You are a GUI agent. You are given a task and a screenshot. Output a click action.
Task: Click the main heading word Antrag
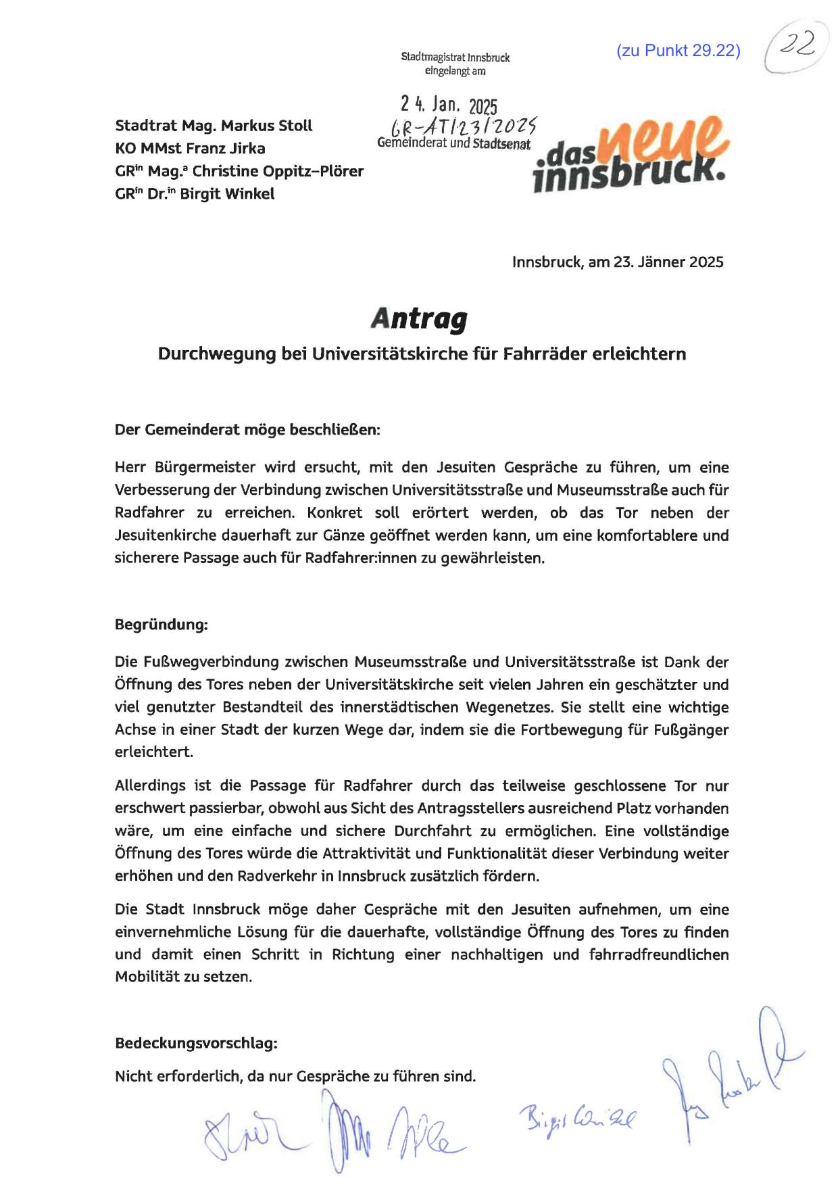pyautogui.click(x=419, y=318)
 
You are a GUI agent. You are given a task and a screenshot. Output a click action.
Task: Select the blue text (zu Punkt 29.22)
pyautogui.click(x=678, y=51)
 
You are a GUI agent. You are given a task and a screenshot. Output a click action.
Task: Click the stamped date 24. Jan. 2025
pyautogui.click(x=448, y=105)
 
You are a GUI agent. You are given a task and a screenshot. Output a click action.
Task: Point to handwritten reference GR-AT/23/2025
pyautogui.click(x=460, y=125)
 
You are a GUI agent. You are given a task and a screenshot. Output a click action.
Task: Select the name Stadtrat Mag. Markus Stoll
pyautogui.click(x=214, y=126)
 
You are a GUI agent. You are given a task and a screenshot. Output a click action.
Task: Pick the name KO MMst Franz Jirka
pyautogui.click(x=190, y=149)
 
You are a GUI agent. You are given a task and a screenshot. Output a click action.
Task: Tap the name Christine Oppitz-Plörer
pyautogui.click(x=278, y=172)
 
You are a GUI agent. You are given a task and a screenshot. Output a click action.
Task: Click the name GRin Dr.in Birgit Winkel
pyautogui.click(x=195, y=194)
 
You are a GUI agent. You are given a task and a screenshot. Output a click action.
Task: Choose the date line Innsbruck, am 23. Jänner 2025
pyautogui.click(x=617, y=262)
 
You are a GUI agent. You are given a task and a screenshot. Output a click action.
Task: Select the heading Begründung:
pyautogui.click(x=161, y=625)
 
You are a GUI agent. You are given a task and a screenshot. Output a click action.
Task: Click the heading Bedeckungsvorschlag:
pyautogui.click(x=196, y=1043)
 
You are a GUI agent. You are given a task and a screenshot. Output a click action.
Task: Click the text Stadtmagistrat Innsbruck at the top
pyautogui.click(x=455, y=58)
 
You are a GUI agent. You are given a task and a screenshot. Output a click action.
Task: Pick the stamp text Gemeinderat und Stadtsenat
pyautogui.click(x=453, y=143)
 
